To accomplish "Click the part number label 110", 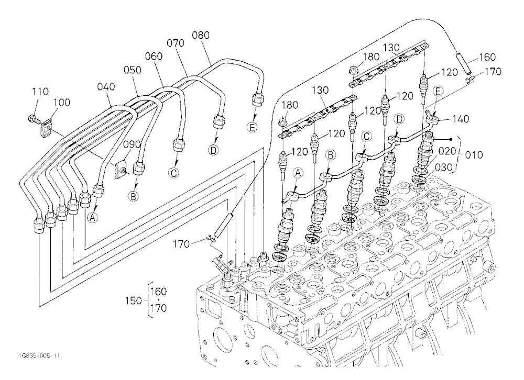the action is pyautogui.click(x=40, y=91).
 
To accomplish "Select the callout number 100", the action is pyautogui.click(x=62, y=102).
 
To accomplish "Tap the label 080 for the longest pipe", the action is pyautogui.click(x=201, y=35).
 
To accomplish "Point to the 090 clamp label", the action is pyautogui.click(x=132, y=144).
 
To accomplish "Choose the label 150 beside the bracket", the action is pyautogui.click(x=134, y=300).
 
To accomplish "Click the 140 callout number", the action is pyautogui.click(x=461, y=119).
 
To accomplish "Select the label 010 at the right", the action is pyautogui.click(x=474, y=155).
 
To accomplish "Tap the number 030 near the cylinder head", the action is pyautogui.click(x=443, y=167).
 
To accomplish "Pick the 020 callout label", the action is pyautogui.click(x=447, y=151).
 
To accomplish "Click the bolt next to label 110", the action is pyautogui.click(x=32, y=118).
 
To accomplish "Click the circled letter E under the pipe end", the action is pyautogui.click(x=253, y=127).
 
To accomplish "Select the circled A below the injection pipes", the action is pyautogui.click(x=93, y=218).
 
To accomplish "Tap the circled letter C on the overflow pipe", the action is pyautogui.click(x=367, y=136).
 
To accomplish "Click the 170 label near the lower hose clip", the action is pyautogui.click(x=181, y=244).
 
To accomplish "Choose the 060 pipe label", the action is pyautogui.click(x=154, y=56).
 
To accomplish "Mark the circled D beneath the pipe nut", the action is pyautogui.click(x=213, y=150).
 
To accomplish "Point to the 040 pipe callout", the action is pyautogui.click(x=106, y=86).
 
